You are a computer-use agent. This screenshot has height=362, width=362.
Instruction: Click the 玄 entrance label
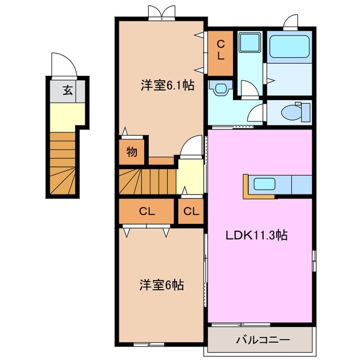(67, 90)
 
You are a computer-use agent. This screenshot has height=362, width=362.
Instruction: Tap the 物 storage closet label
(132, 152)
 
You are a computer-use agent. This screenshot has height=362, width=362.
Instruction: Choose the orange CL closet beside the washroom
(221, 51)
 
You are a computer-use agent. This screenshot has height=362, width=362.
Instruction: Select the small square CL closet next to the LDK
(191, 212)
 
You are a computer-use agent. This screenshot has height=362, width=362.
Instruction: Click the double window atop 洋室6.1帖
(160, 12)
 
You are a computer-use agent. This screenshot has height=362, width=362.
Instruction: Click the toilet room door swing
(256, 112)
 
